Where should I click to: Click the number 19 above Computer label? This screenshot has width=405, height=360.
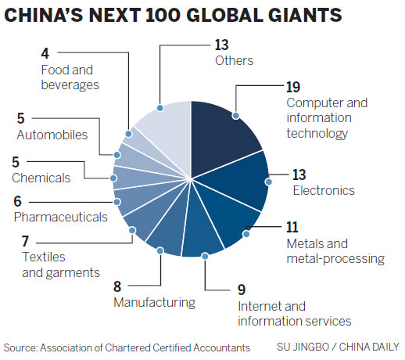coord(294,86)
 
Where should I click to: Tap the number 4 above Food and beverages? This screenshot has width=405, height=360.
coord(45,54)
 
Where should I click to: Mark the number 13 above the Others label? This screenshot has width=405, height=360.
coord(221,45)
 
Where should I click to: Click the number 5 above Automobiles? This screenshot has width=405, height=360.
coord(20,119)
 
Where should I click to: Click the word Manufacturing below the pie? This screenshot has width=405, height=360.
coord(153,301)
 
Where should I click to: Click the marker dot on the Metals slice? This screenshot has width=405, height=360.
coord(245,231)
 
